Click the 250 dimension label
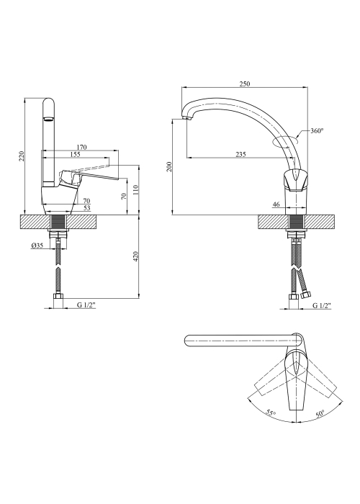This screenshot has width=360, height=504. (x=245, y=84)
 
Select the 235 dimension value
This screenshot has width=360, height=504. (x=240, y=155)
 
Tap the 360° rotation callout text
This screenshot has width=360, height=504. (x=317, y=131)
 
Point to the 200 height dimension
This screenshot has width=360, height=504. (x=170, y=166)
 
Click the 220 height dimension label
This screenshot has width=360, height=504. (x=22, y=156)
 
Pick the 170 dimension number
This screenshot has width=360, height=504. (x=81, y=148)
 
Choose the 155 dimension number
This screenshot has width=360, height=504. (x=75, y=155)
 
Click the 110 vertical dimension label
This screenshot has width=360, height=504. (x=135, y=190)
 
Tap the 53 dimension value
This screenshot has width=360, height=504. (x=87, y=208)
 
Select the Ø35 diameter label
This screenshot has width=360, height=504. (x=37, y=246)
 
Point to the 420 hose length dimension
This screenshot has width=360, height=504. (x=135, y=256)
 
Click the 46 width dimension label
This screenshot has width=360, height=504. (x=276, y=204)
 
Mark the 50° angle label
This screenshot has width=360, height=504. (x=320, y=414)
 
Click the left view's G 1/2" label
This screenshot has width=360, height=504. (x=86, y=305)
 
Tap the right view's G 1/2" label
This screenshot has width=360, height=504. (x=323, y=305)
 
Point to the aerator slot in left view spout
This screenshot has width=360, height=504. (x=48, y=120)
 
